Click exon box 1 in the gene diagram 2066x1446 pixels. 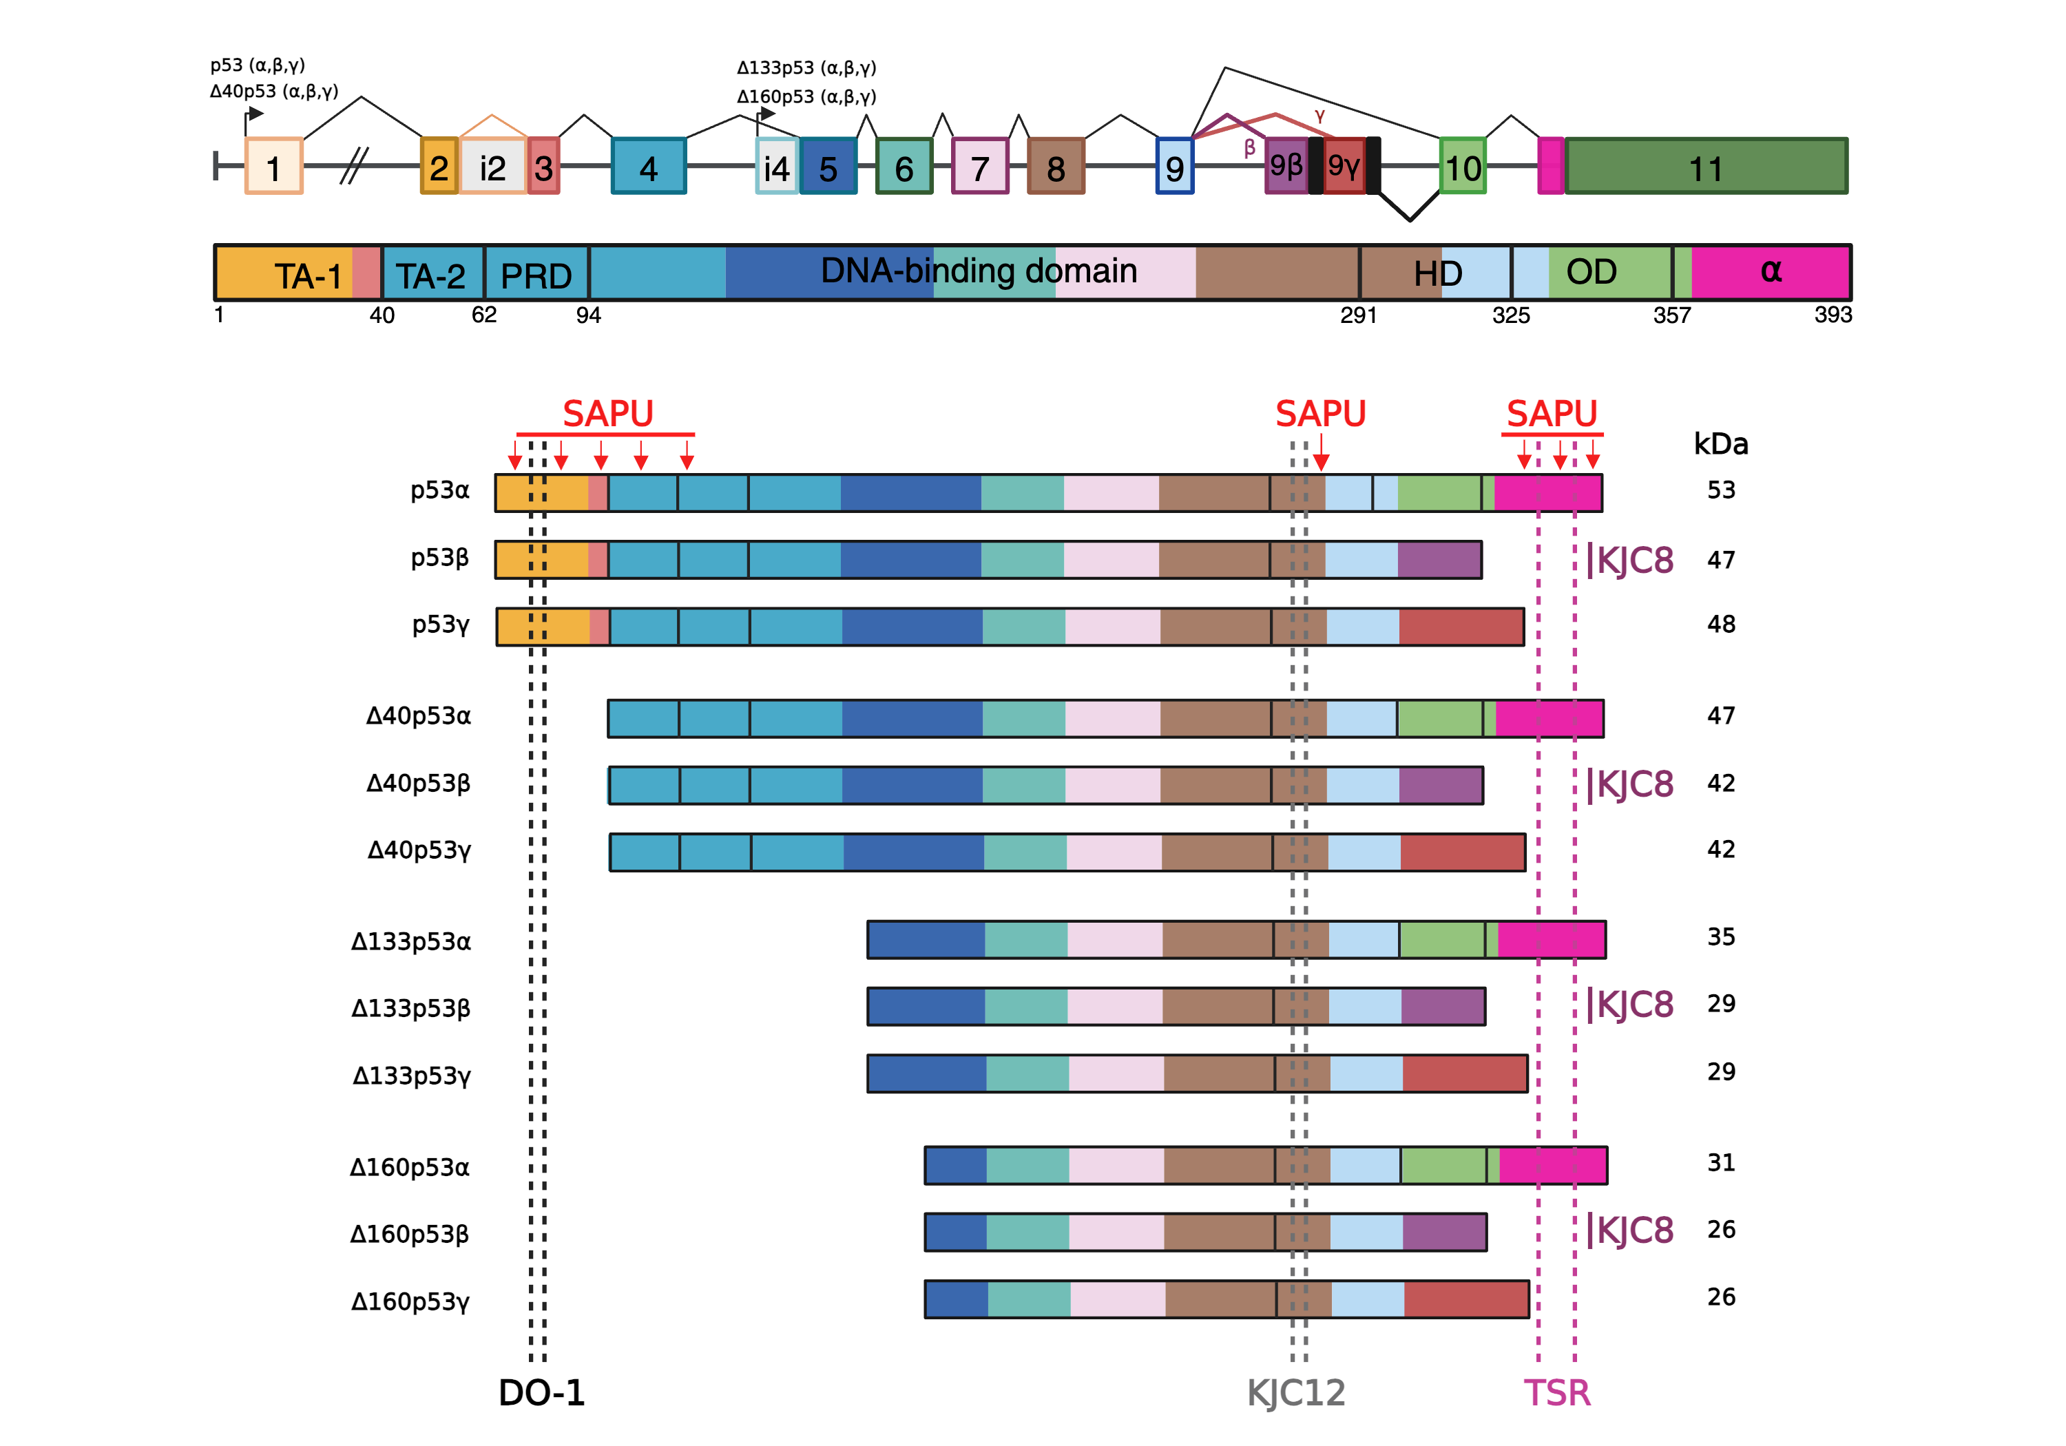coord(273,167)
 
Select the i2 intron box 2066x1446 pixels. coord(492,167)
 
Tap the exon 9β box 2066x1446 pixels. coord(1286,165)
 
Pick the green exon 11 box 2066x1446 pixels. coord(1705,167)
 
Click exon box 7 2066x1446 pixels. coord(980,167)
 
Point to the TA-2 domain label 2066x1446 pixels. coord(431,275)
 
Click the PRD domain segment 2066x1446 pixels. coord(536,275)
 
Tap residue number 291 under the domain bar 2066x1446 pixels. coord(1358,315)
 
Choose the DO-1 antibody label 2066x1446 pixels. coord(542,1392)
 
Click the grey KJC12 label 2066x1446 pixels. coord(1296,1392)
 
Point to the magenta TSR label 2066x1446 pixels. coord(1556,1392)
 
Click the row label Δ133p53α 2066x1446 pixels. coord(410,941)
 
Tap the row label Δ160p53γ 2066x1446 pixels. coord(410,1301)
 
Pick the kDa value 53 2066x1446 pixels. coord(1720,490)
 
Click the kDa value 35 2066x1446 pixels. coord(1720,936)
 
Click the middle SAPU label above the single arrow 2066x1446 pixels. coord(1320,414)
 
